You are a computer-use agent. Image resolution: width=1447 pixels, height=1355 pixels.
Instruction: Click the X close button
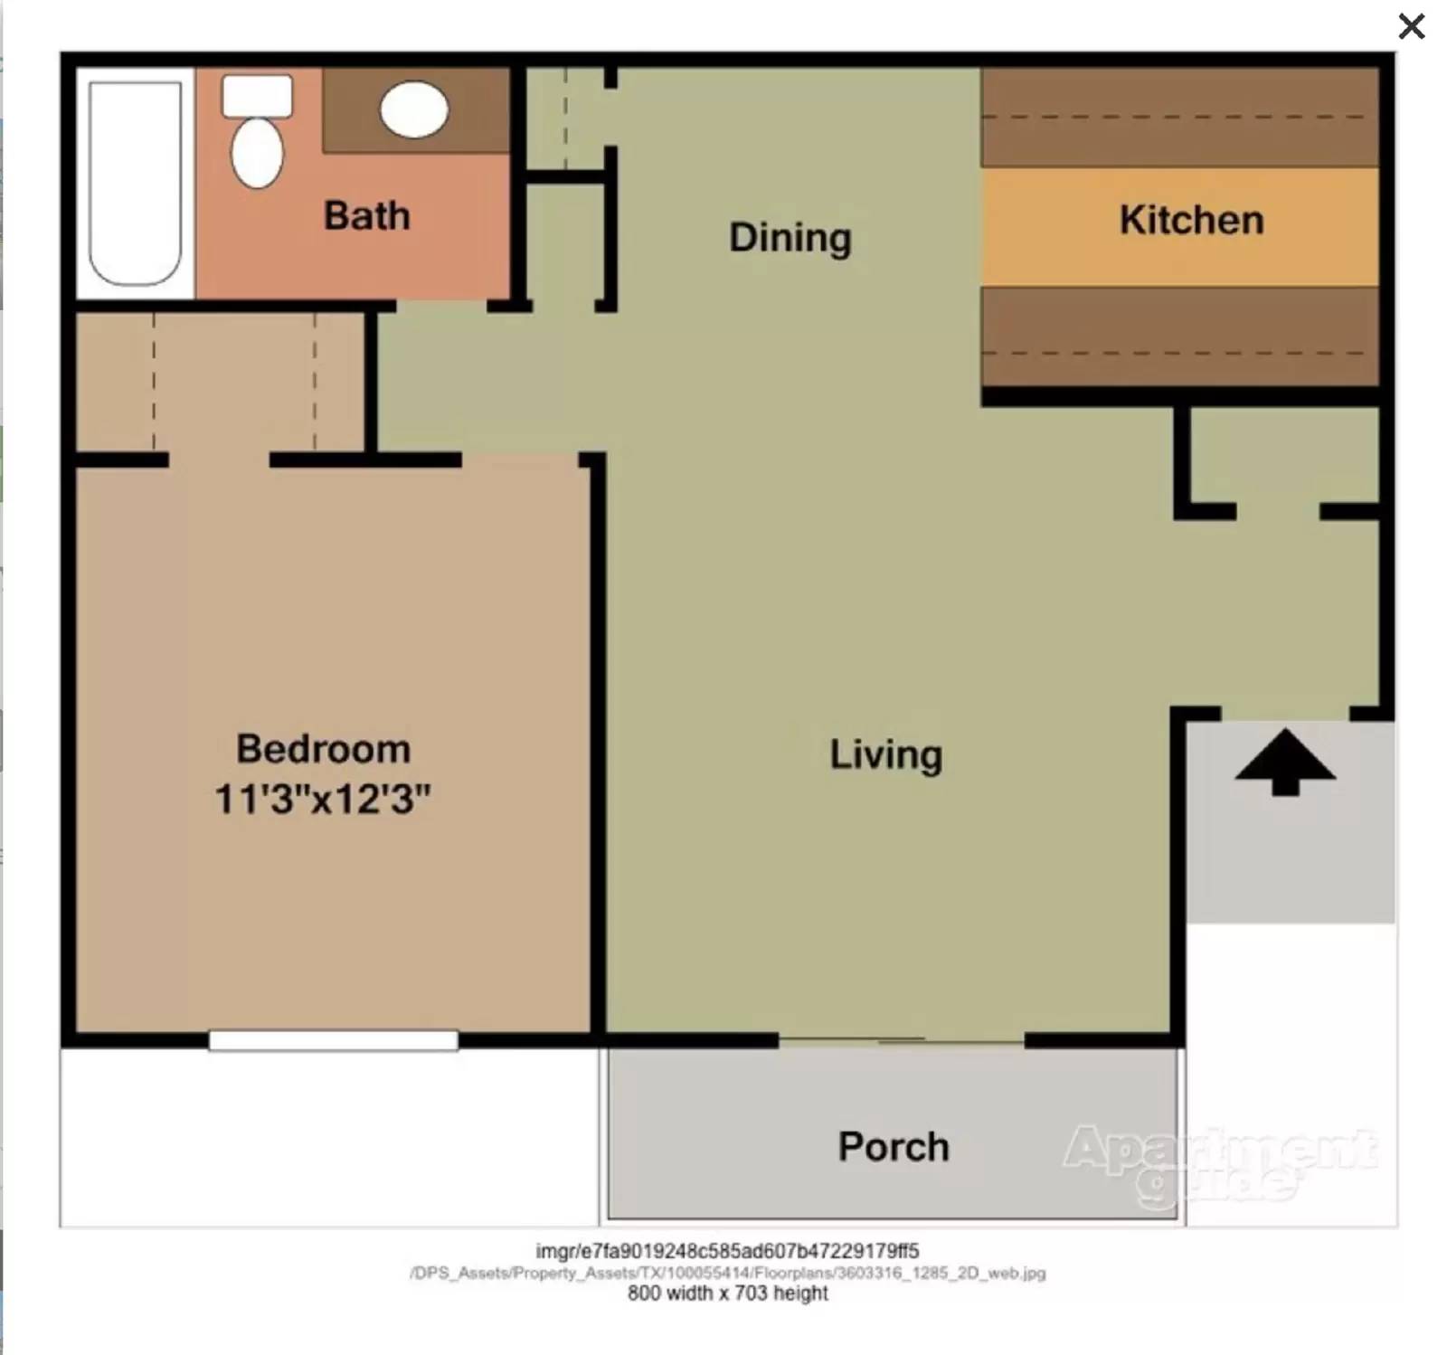(1411, 26)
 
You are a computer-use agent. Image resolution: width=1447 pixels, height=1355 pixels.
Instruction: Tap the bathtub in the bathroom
(135, 184)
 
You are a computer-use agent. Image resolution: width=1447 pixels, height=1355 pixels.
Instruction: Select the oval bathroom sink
(414, 109)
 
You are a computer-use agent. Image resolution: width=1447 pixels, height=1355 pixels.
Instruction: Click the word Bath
(366, 216)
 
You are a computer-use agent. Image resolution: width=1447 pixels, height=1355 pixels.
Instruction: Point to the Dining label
(790, 238)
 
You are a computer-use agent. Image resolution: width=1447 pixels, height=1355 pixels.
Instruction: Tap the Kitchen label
(1191, 220)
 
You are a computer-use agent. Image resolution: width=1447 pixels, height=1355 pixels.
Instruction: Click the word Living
(885, 754)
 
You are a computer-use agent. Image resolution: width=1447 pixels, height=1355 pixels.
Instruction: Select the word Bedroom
(323, 749)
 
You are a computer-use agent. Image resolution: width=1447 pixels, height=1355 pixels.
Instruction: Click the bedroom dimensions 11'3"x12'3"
(322, 800)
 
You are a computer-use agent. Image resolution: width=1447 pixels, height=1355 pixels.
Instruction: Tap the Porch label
(893, 1147)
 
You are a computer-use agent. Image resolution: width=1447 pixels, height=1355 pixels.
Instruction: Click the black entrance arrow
(1284, 763)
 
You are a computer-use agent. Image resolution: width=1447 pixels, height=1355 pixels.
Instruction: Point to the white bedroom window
(333, 1041)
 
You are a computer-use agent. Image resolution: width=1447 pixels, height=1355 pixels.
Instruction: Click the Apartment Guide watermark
(1220, 1163)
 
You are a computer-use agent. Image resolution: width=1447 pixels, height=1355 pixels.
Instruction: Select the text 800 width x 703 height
(727, 1293)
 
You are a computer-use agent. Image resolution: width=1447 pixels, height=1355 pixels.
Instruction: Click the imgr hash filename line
(727, 1251)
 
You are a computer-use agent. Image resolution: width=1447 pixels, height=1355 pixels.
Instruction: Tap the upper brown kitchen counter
(1179, 118)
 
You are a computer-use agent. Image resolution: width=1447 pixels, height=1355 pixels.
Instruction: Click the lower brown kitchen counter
(1179, 336)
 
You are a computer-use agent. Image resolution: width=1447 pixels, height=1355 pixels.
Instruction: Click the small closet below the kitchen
(1282, 457)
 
